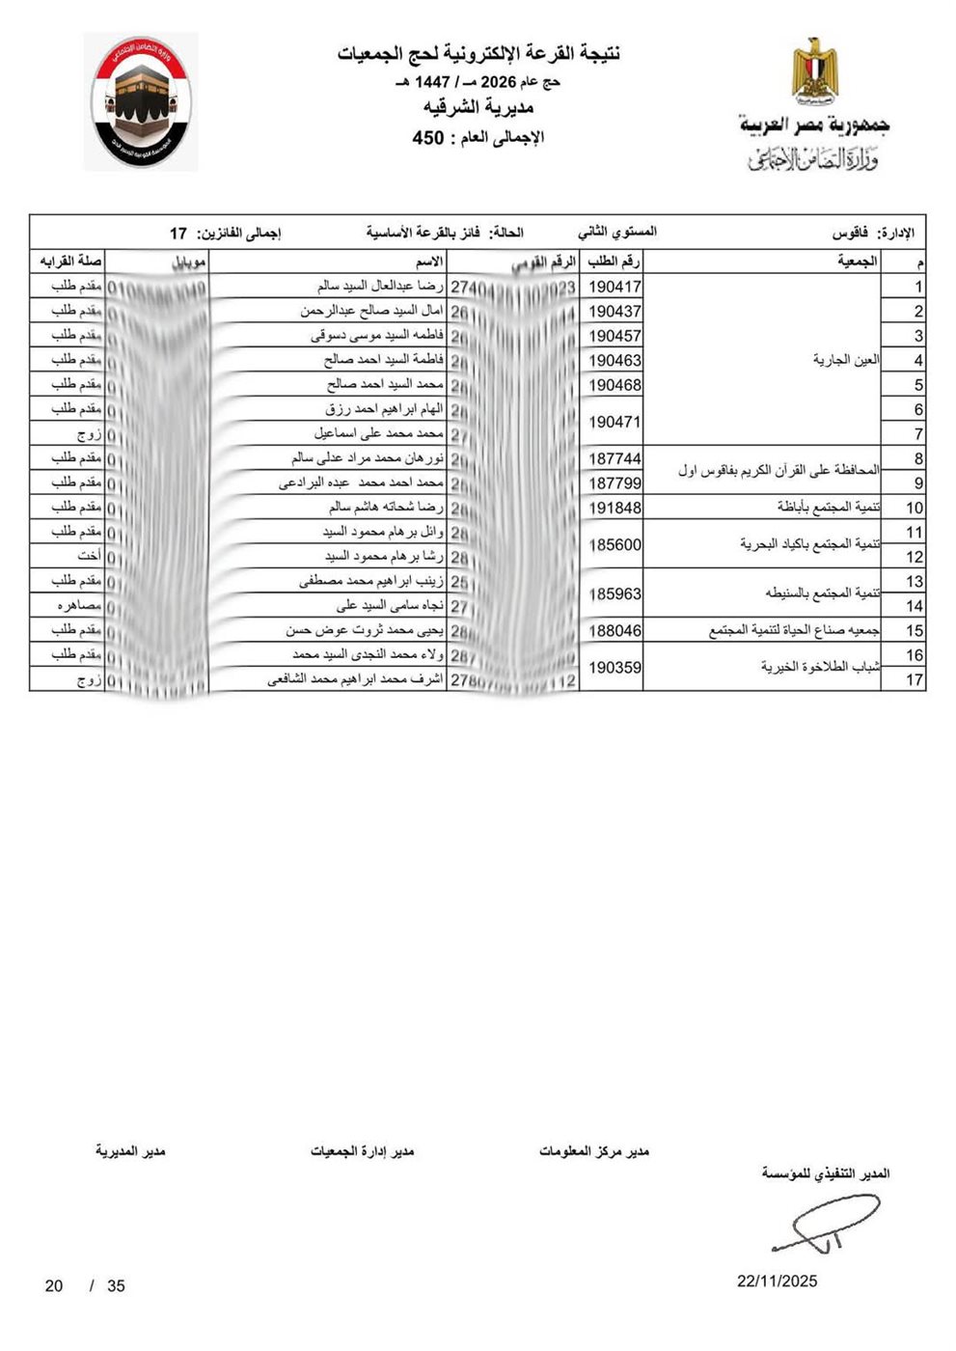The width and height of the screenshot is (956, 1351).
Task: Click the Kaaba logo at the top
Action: point(141,102)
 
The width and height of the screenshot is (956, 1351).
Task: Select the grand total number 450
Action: point(427,138)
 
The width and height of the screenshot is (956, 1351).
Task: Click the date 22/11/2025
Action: point(777,1281)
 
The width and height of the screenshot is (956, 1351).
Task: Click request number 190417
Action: point(615,287)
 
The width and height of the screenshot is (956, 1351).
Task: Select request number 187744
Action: point(615,458)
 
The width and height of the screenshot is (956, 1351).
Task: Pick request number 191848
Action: point(615,508)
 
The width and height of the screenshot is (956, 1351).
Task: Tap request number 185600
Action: point(615,544)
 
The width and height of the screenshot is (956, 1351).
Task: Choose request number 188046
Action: point(615,630)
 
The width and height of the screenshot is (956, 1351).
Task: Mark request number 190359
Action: point(615,667)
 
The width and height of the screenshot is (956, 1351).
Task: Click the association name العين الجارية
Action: point(846,360)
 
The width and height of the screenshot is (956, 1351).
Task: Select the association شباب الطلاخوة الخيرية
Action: point(821,667)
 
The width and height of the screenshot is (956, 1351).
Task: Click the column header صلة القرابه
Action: point(70,262)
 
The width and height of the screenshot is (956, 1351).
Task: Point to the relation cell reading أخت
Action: point(90,557)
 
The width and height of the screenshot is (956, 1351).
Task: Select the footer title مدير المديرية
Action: point(130,1151)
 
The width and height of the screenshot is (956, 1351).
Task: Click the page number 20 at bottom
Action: point(54,1285)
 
